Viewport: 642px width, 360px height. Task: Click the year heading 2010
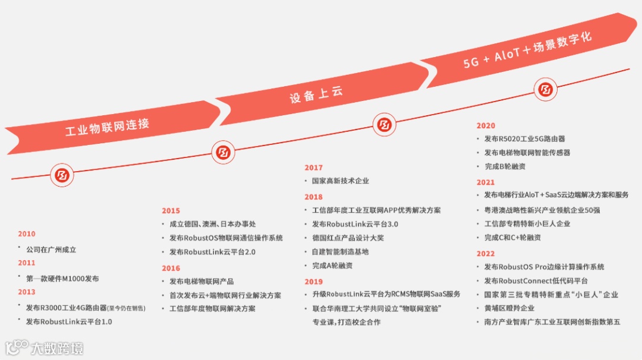click(x=27, y=234)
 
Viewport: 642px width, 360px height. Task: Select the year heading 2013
click(x=27, y=292)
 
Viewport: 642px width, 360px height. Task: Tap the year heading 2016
click(x=171, y=269)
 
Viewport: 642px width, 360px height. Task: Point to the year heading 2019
click(x=313, y=282)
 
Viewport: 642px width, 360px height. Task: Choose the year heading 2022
click(x=486, y=254)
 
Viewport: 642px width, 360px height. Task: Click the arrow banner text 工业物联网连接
click(x=108, y=128)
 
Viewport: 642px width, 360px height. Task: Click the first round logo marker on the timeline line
click(x=62, y=175)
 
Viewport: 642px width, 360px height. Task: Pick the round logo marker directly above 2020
click(x=545, y=90)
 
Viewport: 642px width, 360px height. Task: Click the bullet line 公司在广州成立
click(x=51, y=250)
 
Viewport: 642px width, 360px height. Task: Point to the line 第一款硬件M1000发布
click(x=62, y=278)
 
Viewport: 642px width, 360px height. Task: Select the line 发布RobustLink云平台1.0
click(x=69, y=322)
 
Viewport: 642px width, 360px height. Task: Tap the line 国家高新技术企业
click(x=341, y=181)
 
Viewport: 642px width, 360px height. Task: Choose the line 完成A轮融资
click(x=332, y=266)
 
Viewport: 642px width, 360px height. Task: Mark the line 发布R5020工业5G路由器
click(x=524, y=139)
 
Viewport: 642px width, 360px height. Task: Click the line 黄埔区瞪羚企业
click(x=509, y=308)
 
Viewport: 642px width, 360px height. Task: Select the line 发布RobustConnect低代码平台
click(x=536, y=281)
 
